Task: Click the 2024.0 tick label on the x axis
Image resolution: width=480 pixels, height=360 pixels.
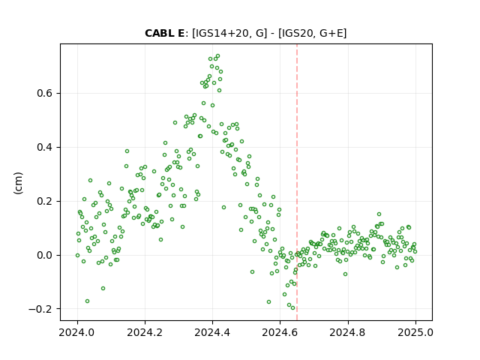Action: (x=77, y=332)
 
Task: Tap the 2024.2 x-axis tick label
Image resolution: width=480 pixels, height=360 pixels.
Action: (x=145, y=332)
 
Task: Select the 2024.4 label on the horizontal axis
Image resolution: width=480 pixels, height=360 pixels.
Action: (x=212, y=332)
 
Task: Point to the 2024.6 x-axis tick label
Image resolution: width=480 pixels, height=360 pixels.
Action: (x=280, y=332)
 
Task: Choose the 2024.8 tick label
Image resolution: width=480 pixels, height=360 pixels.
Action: (x=348, y=332)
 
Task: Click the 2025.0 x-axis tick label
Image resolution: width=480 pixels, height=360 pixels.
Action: (x=415, y=332)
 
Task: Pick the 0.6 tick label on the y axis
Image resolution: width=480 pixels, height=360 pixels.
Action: (x=45, y=93)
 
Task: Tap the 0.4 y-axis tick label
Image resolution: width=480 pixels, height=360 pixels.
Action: (x=45, y=147)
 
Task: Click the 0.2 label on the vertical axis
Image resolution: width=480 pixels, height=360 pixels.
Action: (x=45, y=202)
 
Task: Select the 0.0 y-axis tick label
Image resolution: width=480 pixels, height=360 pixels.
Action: (x=45, y=255)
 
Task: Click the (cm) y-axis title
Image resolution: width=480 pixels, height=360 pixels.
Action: (x=18, y=183)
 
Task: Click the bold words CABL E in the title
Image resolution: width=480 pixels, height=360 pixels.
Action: (x=164, y=33)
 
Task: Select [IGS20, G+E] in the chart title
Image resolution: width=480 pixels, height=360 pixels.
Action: (x=313, y=33)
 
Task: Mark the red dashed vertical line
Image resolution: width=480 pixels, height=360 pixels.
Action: (x=297, y=182)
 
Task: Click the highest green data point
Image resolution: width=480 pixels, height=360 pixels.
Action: (x=218, y=56)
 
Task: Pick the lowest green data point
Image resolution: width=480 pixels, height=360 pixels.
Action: (x=293, y=308)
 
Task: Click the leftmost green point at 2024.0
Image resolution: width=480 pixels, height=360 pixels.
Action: (x=77, y=255)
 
